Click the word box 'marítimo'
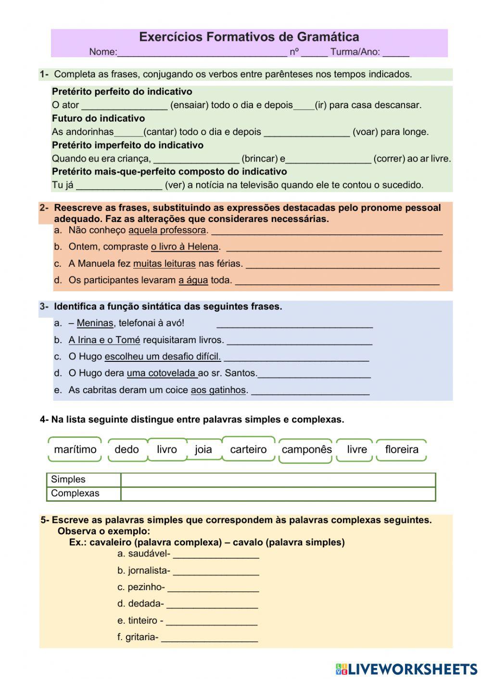[x=75, y=449]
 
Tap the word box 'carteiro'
[x=248, y=449]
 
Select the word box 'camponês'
[x=306, y=450]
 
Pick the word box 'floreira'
[x=402, y=449]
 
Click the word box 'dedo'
[x=127, y=449]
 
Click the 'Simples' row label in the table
[x=68, y=479]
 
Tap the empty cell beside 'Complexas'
[x=278, y=494]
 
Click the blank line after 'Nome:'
[x=202, y=52]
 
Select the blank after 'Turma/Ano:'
[x=396, y=52]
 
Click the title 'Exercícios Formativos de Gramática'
[x=249, y=37]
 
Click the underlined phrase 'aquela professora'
[x=167, y=230]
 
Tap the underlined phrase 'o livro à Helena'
[x=185, y=247]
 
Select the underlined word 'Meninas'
[x=95, y=323]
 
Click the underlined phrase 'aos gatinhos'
[x=218, y=390]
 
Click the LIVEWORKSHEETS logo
[x=406, y=668]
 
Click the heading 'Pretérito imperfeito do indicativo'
[x=127, y=145]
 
